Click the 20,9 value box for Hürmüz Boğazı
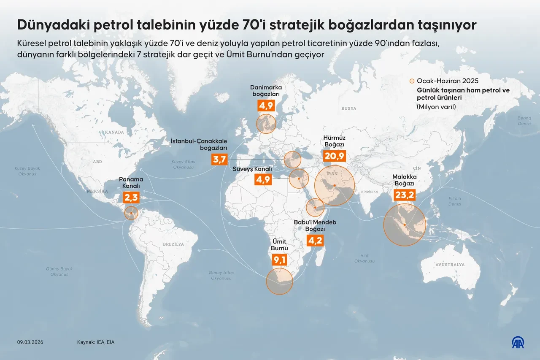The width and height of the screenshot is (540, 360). pyautogui.click(x=334, y=157)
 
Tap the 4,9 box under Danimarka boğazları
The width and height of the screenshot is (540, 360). pyautogui.click(x=266, y=105)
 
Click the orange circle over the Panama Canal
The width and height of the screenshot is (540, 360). pyautogui.click(x=132, y=213)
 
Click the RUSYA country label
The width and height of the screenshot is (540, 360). pyautogui.click(x=349, y=108)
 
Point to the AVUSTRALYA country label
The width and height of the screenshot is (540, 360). pyautogui.click(x=450, y=265)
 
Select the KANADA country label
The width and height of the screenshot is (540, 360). pyautogui.click(x=115, y=132)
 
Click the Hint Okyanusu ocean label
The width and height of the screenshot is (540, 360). pyautogui.click(x=364, y=258)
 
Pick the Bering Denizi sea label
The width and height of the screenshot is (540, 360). pyautogui.click(x=524, y=121)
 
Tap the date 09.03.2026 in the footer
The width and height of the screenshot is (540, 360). pyautogui.click(x=30, y=342)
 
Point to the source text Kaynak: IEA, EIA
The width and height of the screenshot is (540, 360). pyautogui.click(x=96, y=342)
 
